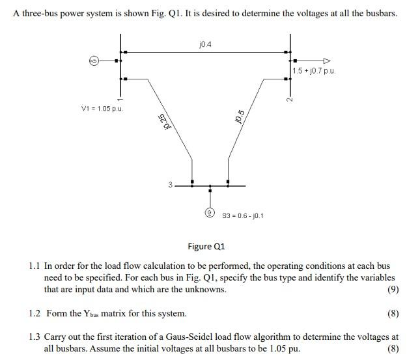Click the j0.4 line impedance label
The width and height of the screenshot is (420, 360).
[x=207, y=45]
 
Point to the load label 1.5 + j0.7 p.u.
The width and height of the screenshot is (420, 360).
[x=314, y=70]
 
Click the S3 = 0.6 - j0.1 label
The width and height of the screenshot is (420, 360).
[x=243, y=215]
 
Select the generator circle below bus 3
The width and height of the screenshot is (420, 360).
[x=210, y=212]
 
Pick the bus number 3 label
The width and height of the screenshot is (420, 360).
[x=171, y=185]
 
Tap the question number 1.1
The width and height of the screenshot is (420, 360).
[x=35, y=266]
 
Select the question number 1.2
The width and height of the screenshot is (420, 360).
[x=35, y=314]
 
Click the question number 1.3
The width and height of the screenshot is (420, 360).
[x=35, y=337]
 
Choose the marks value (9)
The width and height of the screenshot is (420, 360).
[x=392, y=290]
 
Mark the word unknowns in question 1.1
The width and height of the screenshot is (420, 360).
[x=204, y=290]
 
